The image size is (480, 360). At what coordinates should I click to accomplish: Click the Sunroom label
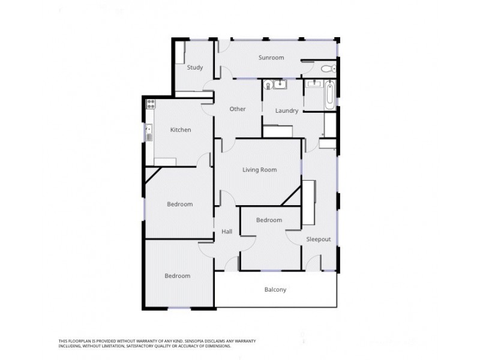[x=271, y=58]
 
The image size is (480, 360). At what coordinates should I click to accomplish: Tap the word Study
[x=194, y=67]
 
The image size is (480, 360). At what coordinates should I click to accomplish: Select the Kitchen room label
[x=180, y=130]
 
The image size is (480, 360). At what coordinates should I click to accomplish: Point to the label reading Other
[x=238, y=109]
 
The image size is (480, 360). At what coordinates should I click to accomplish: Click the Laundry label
[x=286, y=110]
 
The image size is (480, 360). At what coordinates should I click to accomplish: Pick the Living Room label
[x=259, y=170]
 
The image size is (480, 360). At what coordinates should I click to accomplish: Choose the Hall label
[x=227, y=232]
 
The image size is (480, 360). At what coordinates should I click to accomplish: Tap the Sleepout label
[x=318, y=239]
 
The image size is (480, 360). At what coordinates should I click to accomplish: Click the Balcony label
[x=275, y=290]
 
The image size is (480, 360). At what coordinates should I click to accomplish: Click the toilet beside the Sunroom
[x=328, y=69]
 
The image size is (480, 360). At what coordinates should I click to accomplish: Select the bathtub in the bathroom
[x=329, y=95]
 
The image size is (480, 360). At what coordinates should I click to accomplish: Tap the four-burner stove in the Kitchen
[x=150, y=105]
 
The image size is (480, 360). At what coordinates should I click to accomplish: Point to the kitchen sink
[x=148, y=131]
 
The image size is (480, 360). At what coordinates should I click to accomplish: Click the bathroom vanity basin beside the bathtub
[x=312, y=85]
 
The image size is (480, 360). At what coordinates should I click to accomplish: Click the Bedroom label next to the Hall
[x=269, y=220]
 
